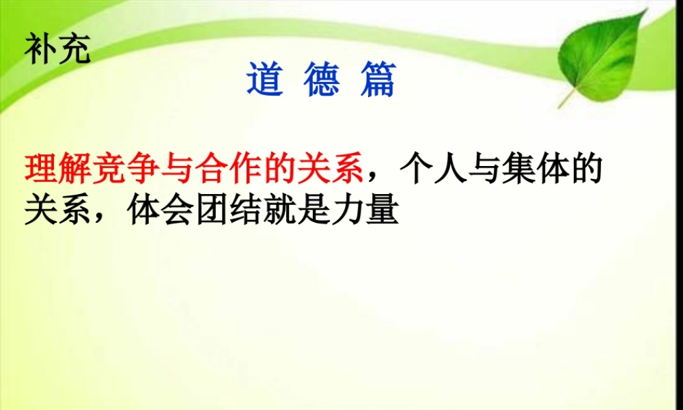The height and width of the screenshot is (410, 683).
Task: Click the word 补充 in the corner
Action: (57, 49)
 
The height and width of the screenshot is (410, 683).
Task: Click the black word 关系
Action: (57, 210)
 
